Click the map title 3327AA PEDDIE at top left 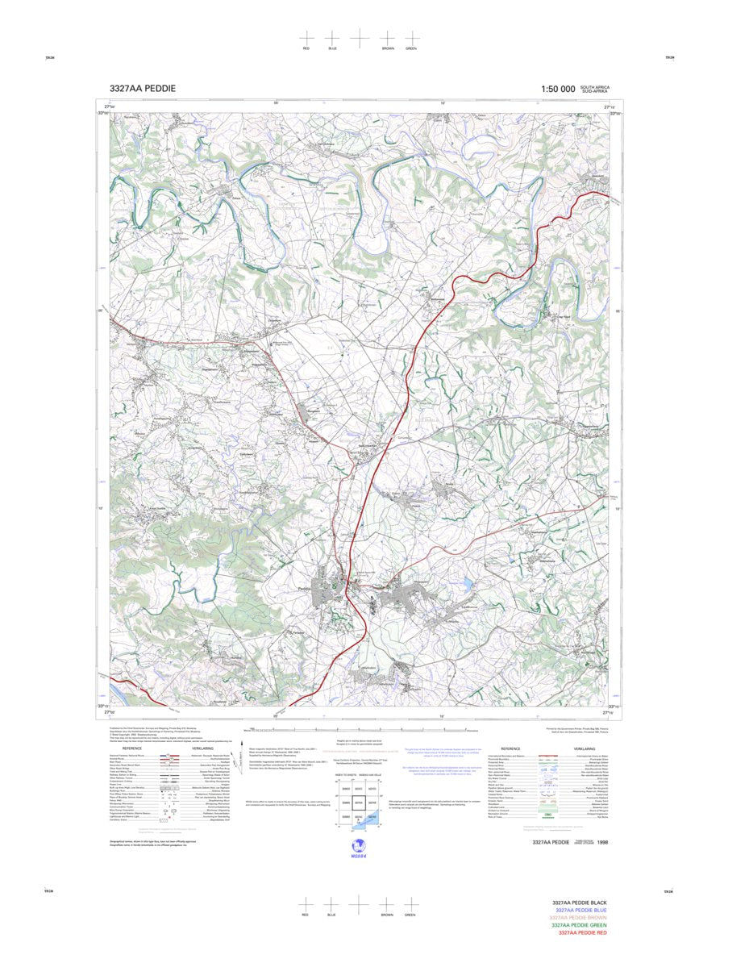coord(143,89)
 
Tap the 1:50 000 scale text coord(558,89)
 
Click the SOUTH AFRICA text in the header coord(595,86)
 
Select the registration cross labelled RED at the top coord(306,38)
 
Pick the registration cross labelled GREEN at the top coord(411,38)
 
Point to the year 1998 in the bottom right coord(603,842)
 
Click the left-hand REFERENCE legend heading coord(132,748)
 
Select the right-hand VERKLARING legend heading coord(584,748)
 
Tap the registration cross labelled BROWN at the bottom coord(388,904)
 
